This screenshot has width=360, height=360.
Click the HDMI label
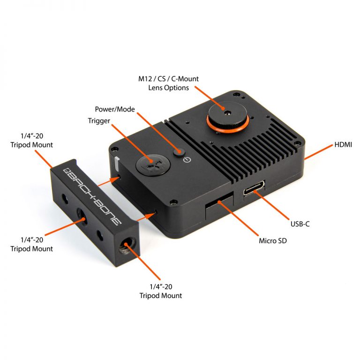343,145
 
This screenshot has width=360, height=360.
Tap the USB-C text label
300,224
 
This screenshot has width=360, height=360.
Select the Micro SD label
273,240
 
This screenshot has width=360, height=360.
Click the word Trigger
99,121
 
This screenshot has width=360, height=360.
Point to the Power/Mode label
115,109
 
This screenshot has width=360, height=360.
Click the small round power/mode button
179,152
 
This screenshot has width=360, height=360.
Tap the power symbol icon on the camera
187,159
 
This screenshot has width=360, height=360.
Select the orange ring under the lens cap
228,125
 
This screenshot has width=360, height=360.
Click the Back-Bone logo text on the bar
92,196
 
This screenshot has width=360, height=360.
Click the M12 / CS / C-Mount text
168,79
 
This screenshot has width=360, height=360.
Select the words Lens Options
169,88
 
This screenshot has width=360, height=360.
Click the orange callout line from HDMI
318,152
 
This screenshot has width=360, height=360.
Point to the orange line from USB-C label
271,205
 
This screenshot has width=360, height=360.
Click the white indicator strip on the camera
117,164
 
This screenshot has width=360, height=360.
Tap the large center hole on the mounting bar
81,217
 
